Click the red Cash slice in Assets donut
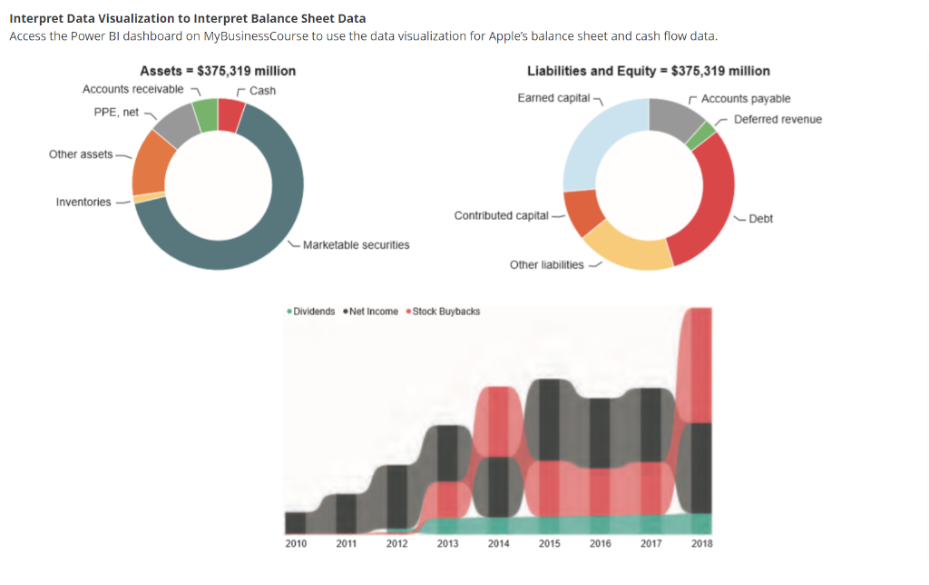click(231, 115)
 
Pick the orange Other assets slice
click(150, 164)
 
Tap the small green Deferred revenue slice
click(700, 136)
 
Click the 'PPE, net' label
click(116, 112)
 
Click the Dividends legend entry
click(314, 312)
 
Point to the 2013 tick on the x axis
click(447, 543)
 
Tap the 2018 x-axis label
click(701, 543)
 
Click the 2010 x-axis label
click(296, 543)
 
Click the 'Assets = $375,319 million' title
click(218, 71)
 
